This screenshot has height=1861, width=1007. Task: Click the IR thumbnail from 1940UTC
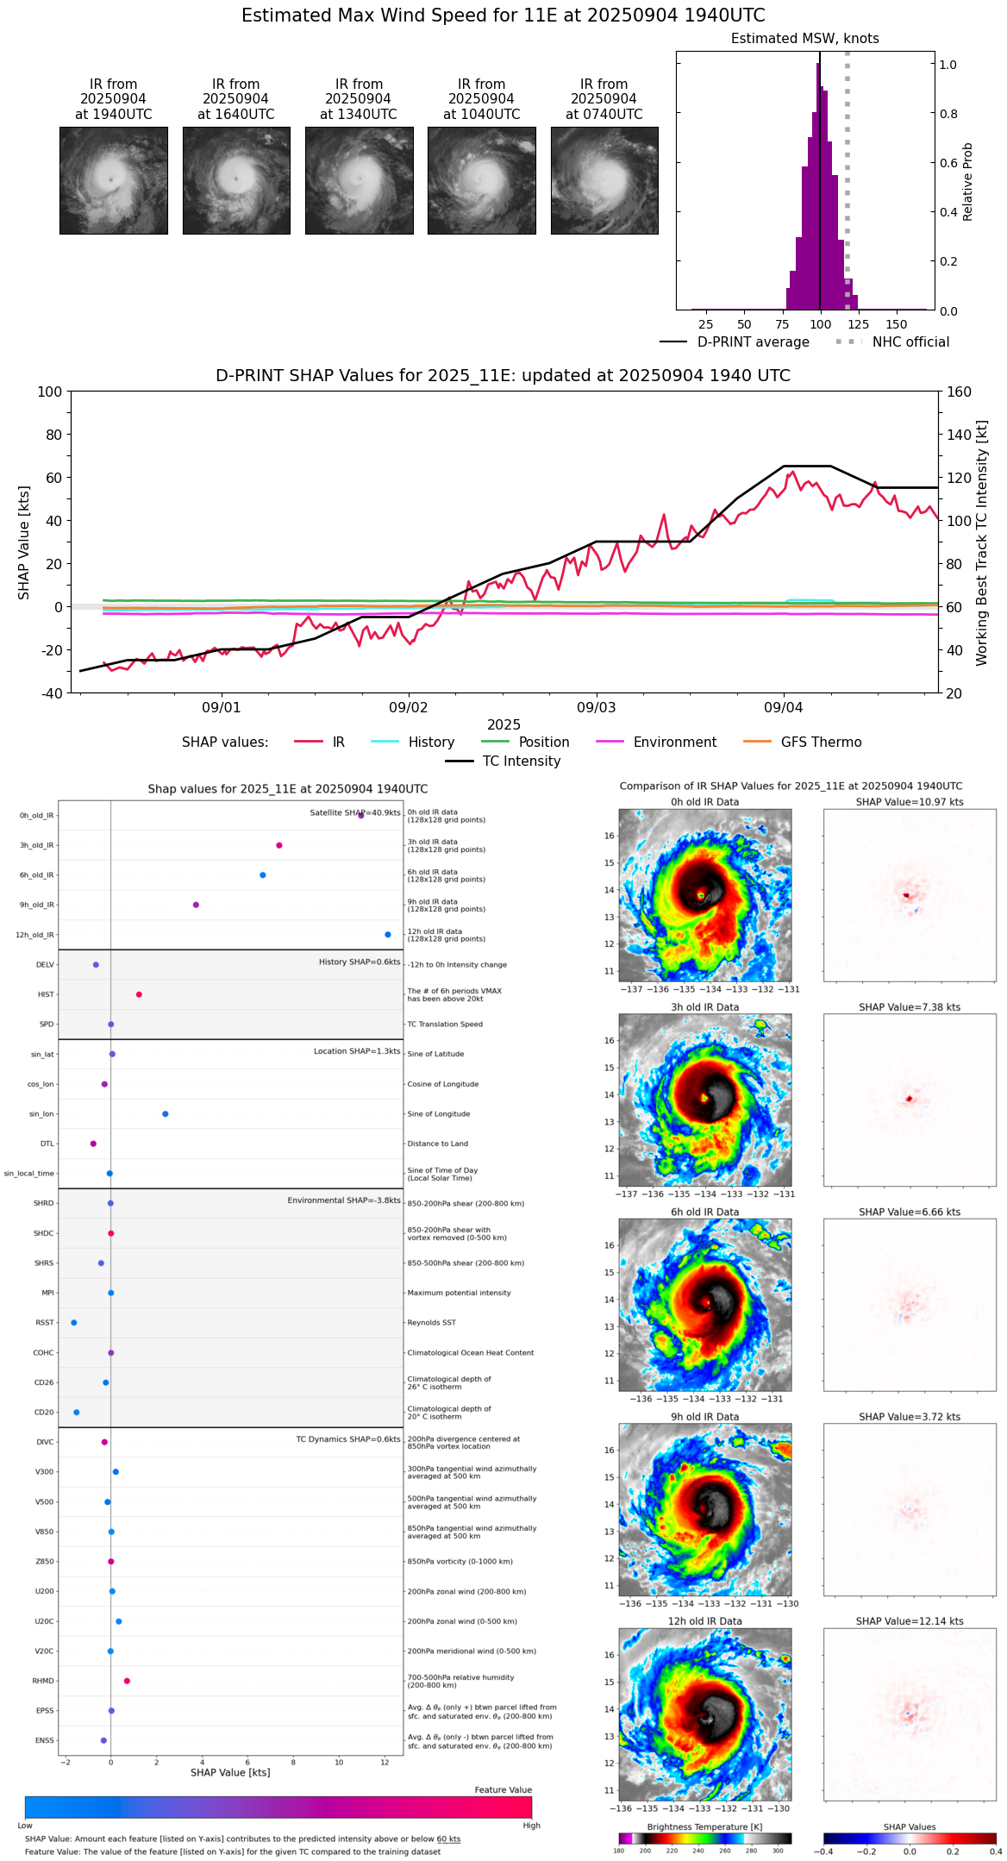tap(113, 180)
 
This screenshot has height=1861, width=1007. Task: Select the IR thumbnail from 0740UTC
tap(604, 180)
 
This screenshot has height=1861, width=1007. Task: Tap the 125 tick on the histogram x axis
tap(858, 324)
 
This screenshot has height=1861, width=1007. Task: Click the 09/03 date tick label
tap(596, 708)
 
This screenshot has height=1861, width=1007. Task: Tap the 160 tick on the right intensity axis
tap(960, 392)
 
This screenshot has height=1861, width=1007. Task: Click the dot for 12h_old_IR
tap(388, 935)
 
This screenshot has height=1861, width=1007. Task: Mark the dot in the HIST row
tap(139, 994)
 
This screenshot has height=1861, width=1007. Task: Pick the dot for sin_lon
tap(166, 1114)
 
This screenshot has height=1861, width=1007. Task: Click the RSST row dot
tap(73, 1323)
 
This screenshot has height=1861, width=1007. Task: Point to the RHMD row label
tap(43, 1681)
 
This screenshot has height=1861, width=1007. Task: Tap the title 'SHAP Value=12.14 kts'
tap(910, 1621)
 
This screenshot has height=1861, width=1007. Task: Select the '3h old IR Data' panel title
tap(704, 1007)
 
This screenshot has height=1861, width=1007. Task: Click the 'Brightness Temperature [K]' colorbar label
tap(704, 1827)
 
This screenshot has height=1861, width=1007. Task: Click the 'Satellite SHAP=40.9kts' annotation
tap(355, 813)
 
